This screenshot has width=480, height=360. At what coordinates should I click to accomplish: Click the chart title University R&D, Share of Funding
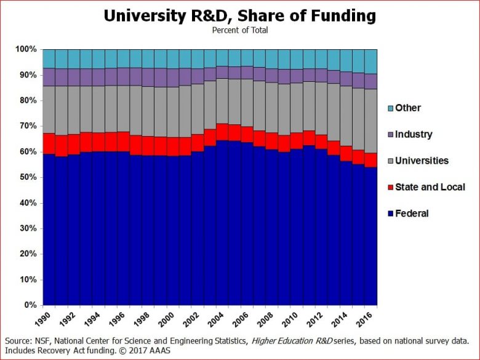[239, 15]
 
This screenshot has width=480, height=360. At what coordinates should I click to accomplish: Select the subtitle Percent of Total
[239, 30]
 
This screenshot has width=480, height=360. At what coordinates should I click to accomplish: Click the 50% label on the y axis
[28, 177]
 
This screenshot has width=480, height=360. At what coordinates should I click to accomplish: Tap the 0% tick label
[30, 305]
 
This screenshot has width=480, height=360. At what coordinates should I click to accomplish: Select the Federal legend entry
[412, 214]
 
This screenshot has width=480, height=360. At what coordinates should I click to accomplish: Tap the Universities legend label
[422, 161]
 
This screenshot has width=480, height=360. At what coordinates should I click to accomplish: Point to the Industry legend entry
[414, 134]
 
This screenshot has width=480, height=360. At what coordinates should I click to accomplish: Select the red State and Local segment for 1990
[49, 142]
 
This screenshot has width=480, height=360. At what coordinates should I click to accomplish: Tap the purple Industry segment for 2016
[370, 81]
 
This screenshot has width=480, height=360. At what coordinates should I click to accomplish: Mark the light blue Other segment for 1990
[49, 58]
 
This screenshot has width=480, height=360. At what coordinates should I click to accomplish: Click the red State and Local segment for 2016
[370, 160]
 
